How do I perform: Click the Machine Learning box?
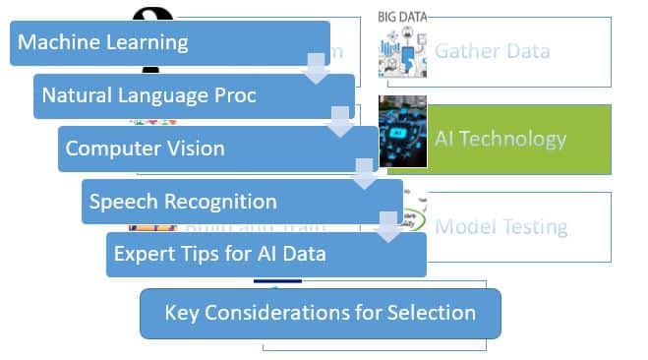click(147, 43)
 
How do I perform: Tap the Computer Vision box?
click(197, 150)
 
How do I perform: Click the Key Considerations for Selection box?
click(321, 314)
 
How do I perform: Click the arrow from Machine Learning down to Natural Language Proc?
click(317, 69)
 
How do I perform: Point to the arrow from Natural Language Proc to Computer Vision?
click(340, 122)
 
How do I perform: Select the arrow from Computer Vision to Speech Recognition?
click(365, 175)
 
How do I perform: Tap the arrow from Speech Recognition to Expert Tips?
click(389, 227)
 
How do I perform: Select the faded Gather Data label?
click(492, 50)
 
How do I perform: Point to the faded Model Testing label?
click(501, 227)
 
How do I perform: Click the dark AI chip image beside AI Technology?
click(403, 139)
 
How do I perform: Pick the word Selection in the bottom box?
click(434, 314)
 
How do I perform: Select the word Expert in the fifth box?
click(145, 254)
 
